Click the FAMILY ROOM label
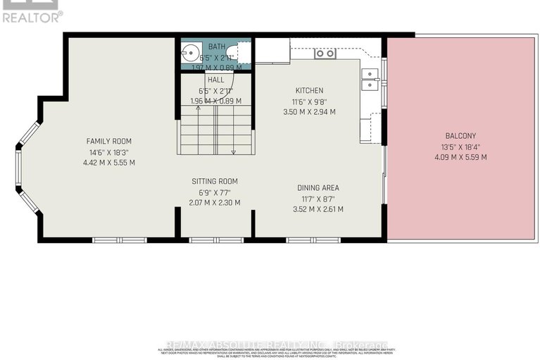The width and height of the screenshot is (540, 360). pos(109,141)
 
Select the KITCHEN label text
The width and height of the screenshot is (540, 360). pos(309,90)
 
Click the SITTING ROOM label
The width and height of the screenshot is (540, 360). pos(215,181)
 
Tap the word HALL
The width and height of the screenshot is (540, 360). pos(215,80)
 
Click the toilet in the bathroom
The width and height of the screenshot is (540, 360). pos(242,52)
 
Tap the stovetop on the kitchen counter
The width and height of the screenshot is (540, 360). pos(325,54)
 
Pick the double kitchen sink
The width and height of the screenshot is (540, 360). pos(370,78)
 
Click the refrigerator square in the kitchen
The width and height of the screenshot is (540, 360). pos(272,50)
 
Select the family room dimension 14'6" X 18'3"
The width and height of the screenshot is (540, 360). pos(109,151)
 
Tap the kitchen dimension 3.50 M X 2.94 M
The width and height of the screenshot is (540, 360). pos(309,111)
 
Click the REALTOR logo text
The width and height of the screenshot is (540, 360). pos(32,15)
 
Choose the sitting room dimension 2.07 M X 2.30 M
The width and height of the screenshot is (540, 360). pos(215,202)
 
